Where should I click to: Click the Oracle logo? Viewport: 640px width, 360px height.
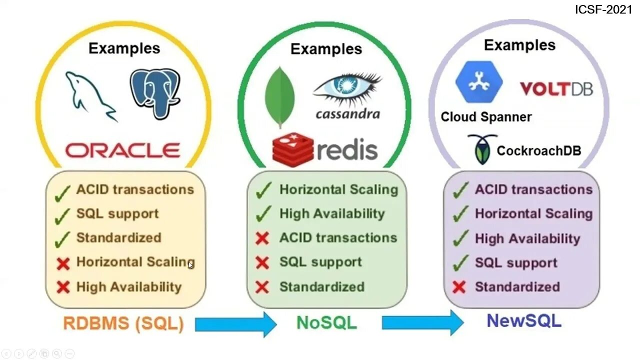(x=122, y=150)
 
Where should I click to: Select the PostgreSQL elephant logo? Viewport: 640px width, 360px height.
(x=154, y=93)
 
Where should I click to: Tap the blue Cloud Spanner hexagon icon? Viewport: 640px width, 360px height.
(x=478, y=82)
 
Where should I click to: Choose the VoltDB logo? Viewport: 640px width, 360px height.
(x=556, y=89)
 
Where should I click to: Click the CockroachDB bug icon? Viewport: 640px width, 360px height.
(x=482, y=148)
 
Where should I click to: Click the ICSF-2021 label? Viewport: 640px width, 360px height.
(x=603, y=9)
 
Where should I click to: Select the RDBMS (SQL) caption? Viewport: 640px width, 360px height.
(x=123, y=323)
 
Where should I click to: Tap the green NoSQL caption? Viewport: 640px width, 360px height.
(x=326, y=322)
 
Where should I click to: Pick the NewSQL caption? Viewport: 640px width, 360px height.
(x=524, y=320)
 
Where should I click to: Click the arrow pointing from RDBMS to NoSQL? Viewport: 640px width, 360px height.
(x=235, y=324)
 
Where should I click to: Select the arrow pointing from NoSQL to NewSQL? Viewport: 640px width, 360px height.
(x=422, y=322)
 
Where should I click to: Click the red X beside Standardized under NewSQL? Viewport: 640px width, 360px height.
(x=458, y=287)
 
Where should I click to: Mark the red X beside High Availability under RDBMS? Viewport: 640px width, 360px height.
(x=63, y=287)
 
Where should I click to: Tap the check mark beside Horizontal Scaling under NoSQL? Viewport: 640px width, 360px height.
(x=263, y=190)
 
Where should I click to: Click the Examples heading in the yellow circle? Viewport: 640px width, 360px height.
(x=124, y=48)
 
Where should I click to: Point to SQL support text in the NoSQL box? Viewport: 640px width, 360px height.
(x=320, y=262)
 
